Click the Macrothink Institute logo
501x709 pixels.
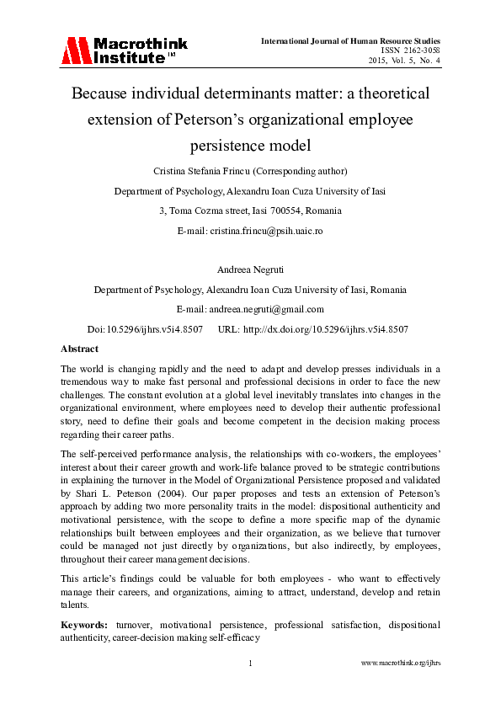(x=124, y=50)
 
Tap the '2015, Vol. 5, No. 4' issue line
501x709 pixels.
(x=404, y=61)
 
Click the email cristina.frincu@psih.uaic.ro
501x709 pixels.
(x=276, y=230)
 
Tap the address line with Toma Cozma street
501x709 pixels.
(x=250, y=211)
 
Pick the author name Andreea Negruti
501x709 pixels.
(x=250, y=270)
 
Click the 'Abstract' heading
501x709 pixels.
(x=80, y=349)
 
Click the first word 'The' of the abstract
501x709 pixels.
(x=69, y=369)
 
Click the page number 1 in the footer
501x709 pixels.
(x=250, y=664)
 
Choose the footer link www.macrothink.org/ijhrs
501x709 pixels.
(x=401, y=664)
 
